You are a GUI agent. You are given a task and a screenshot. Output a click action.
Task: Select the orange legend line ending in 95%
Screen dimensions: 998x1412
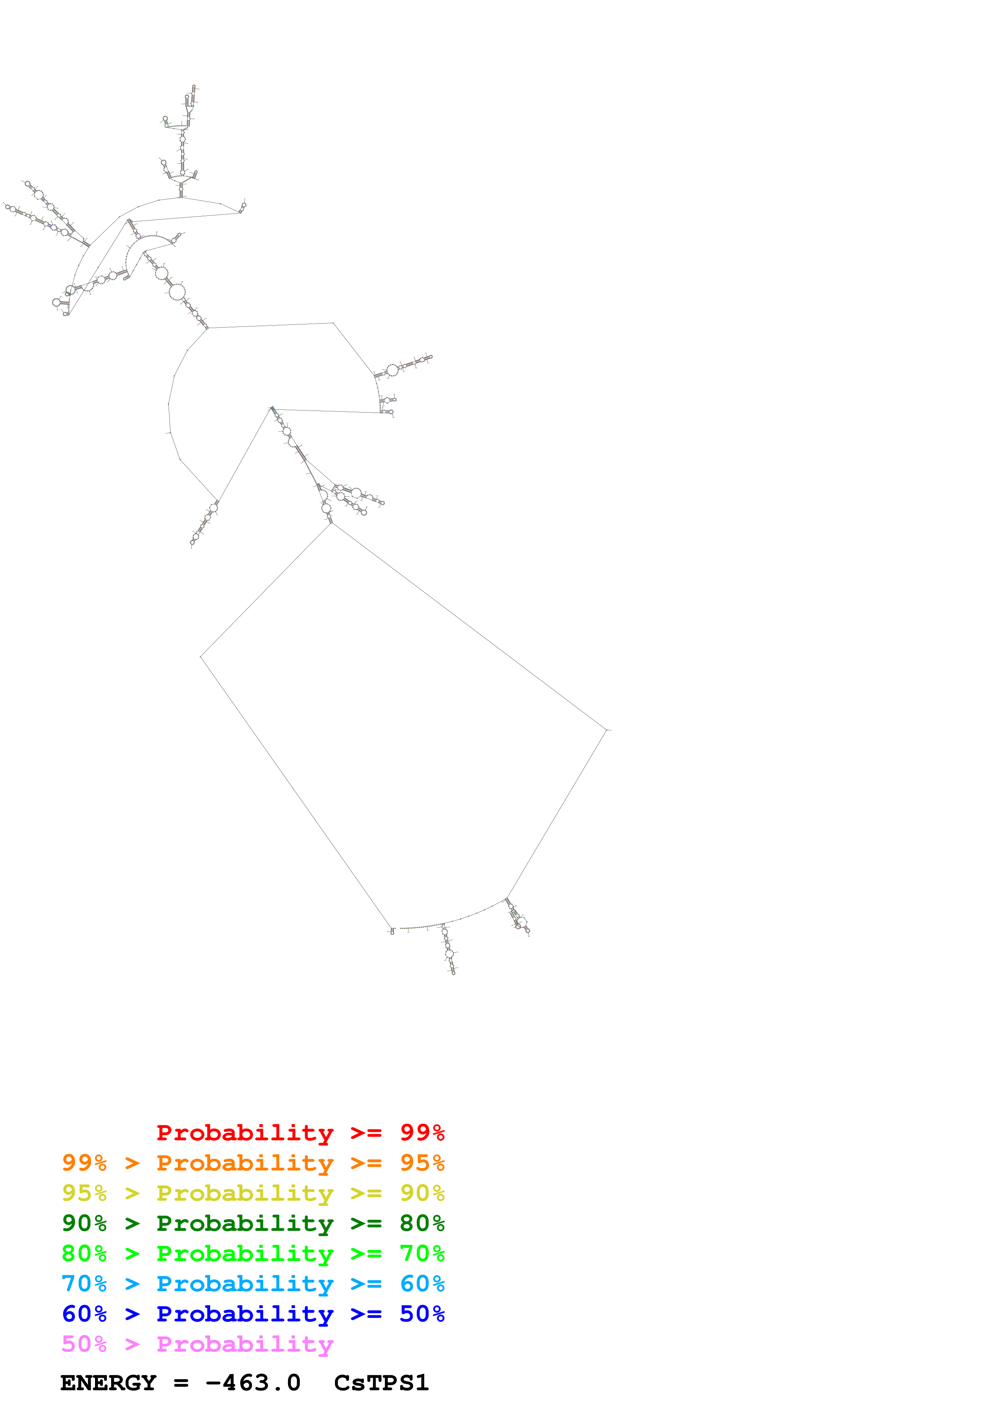point(253,1163)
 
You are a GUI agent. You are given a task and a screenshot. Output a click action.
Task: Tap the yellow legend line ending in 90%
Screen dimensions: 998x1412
point(253,1193)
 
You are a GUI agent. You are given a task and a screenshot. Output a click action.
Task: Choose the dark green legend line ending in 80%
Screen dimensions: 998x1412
point(253,1223)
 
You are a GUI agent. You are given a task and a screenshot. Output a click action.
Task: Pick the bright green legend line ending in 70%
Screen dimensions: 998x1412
point(253,1253)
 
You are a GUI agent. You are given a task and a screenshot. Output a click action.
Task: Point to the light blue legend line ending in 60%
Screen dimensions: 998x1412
point(253,1284)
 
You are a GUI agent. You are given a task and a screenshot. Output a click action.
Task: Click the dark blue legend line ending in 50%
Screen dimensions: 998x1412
point(253,1314)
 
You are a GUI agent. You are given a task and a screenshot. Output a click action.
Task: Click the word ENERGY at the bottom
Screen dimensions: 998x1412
point(108,1383)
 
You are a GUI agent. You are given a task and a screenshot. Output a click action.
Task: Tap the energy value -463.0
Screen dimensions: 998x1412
point(253,1383)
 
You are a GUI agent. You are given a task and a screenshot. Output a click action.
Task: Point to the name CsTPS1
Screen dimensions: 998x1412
point(381,1383)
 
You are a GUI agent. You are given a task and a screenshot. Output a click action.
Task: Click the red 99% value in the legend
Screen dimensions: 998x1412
point(422,1133)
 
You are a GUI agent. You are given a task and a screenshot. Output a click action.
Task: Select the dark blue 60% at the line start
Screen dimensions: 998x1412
point(84,1314)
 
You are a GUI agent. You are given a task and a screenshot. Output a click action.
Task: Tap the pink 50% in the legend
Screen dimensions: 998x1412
point(84,1344)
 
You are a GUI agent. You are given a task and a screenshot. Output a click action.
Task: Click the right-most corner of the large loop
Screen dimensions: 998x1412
point(607,730)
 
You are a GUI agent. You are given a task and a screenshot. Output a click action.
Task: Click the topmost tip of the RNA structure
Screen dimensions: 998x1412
point(194,86)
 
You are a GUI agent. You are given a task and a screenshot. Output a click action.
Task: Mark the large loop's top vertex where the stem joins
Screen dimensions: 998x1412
point(331,523)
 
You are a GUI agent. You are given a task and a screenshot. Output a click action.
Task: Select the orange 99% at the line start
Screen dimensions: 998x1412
point(84,1163)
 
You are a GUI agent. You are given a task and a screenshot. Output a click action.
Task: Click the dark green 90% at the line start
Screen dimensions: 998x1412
point(84,1223)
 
